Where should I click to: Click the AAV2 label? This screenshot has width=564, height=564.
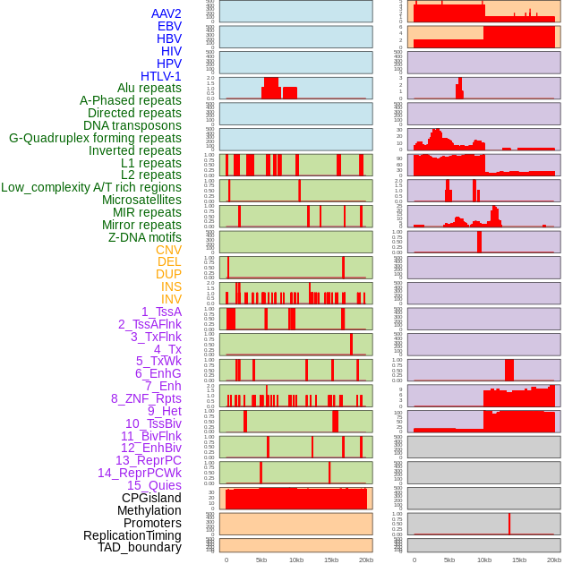click(167, 13)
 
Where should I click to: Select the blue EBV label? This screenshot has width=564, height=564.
click(169, 26)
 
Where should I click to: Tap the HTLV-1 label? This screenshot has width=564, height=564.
click(161, 76)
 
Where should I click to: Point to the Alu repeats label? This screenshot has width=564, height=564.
click(150, 89)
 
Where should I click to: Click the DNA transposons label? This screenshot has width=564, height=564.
click(132, 125)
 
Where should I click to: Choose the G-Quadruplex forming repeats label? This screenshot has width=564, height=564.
click(95, 138)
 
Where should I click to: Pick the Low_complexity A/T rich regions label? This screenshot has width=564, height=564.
click(91, 187)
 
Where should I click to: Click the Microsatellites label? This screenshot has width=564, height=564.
click(141, 200)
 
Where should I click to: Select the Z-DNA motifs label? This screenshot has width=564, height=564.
click(145, 237)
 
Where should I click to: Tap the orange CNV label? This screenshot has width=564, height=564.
click(168, 250)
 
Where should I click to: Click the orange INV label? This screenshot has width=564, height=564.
click(171, 299)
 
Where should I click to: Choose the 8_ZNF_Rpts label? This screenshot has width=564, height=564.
click(146, 398)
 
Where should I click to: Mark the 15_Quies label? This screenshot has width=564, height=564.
click(153, 485)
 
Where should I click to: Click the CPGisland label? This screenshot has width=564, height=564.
click(151, 498)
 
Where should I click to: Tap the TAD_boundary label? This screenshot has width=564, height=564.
click(140, 547)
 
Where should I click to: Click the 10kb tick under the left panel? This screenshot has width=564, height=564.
click(296, 560)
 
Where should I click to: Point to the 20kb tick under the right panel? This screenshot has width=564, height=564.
click(554, 560)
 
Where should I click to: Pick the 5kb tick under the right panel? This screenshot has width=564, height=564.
click(449, 560)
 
